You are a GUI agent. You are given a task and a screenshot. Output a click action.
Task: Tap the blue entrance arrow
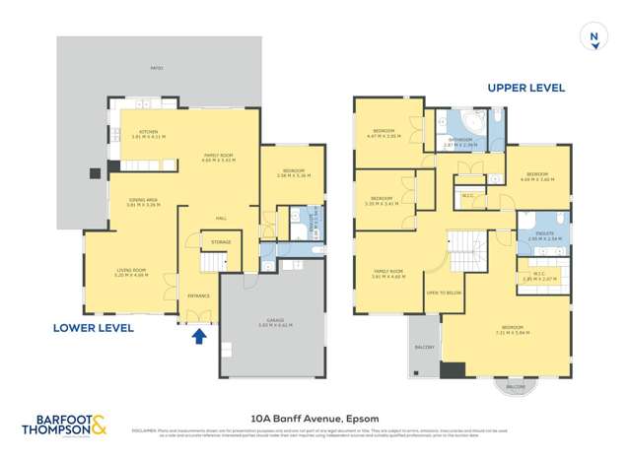[x=198, y=337]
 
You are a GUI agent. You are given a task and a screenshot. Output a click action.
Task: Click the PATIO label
[x=158, y=67]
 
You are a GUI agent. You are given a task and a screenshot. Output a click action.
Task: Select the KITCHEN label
[x=148, y=131]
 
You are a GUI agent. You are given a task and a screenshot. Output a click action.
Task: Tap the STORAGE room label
[x=221, y=241]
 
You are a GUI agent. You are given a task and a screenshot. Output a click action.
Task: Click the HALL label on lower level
[x=223, y=218]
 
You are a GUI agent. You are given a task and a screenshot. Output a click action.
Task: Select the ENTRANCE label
[x=198, y=294]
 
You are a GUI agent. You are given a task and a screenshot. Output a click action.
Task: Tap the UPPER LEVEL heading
[x=526, y=88]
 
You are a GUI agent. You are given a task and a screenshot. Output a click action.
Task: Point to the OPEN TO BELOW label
[x=445, y=293]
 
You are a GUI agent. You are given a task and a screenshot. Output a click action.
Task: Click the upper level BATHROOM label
[x=460, y=141]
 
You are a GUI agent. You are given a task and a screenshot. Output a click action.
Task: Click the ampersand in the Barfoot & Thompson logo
[x=101, y=426]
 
